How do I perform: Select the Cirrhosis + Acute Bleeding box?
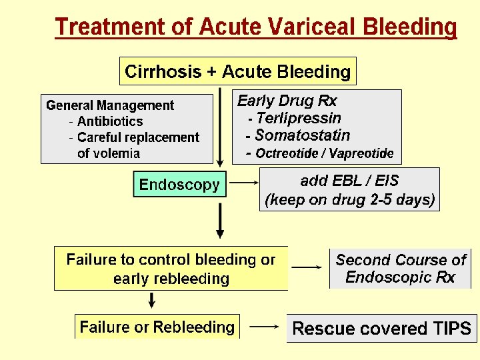pos(238,71)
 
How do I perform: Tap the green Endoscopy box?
pos(179,185)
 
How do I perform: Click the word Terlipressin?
pos(298,119)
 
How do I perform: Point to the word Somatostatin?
pos(303,136)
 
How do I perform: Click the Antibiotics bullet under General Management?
pos(110,121)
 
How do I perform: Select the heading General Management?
pos(110,105)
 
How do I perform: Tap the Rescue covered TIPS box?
pos(381,329)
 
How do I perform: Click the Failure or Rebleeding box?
pos(157,327)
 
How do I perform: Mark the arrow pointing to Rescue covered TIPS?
pos(267,327)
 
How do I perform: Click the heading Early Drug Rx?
pos(287,101)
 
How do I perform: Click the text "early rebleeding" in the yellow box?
pos(171,279)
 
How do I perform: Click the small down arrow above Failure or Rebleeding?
pos(153,301)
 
